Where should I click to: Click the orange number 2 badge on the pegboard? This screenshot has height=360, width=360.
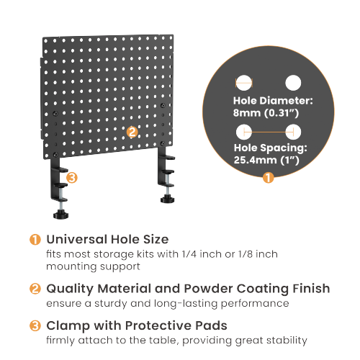pyautogui.click(x=132, y=132)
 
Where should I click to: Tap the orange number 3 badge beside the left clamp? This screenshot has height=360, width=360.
pyautogui.click(x=71, y=177)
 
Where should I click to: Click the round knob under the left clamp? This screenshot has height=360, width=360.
pyautogui.click(x=59, y=213)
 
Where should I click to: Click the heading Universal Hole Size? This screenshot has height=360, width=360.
pyautogui.click(x=107, y=239)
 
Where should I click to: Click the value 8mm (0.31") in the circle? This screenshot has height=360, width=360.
pyautogui.click(x=266, y=114)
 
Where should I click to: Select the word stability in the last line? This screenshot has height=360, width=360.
pyautogui.click(x=285, y=340)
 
